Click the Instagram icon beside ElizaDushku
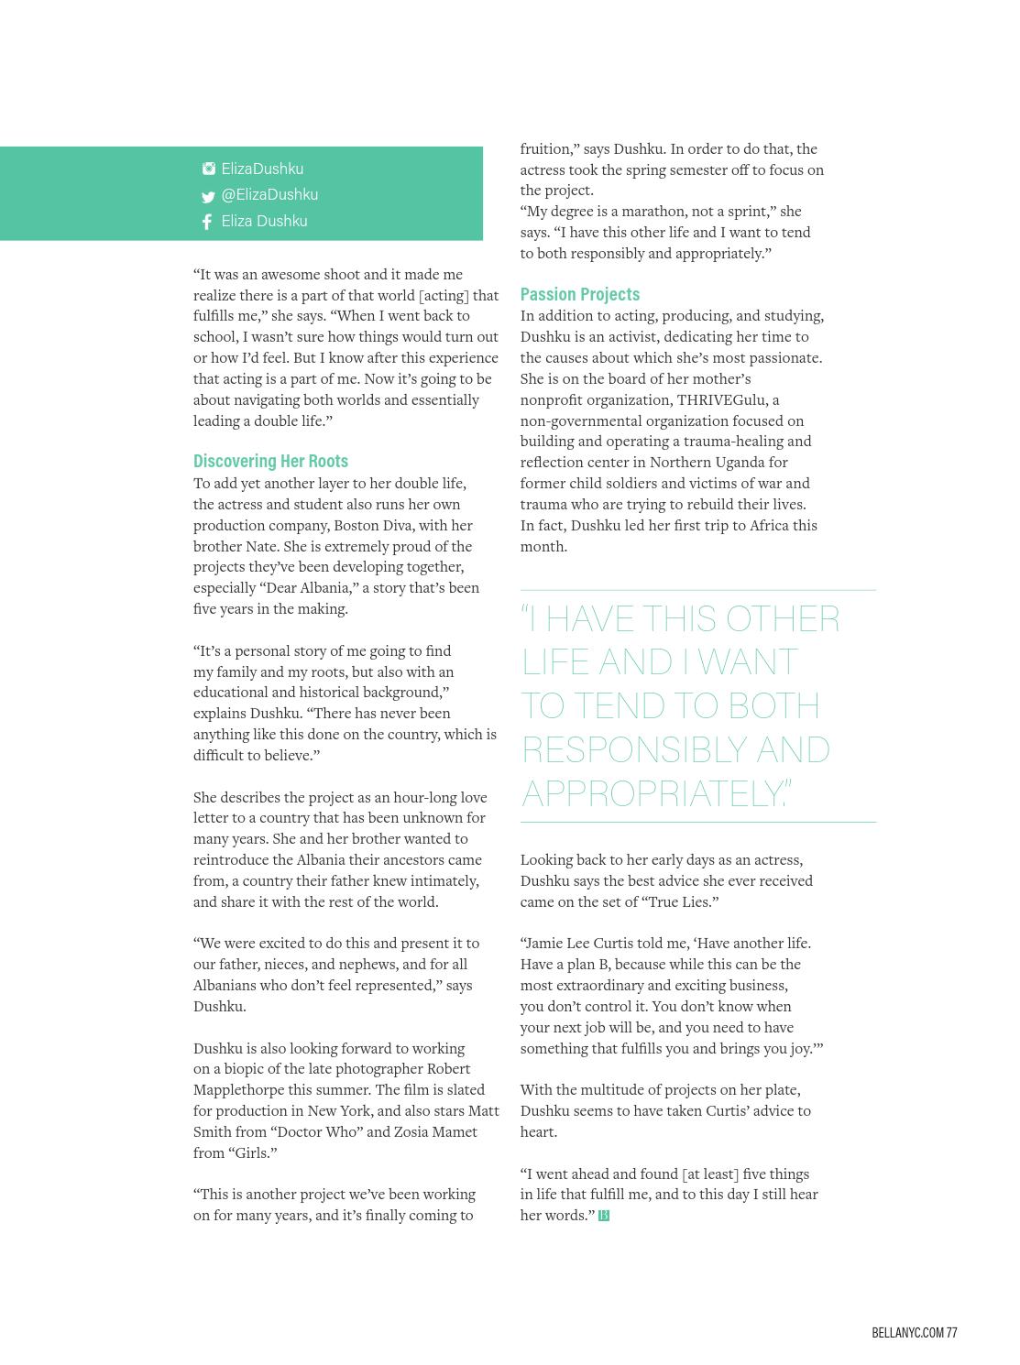(x=209, y=169)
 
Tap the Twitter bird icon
(x=208, y=196)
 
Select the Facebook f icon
(x=207, y=222)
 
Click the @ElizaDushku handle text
(x=269, y=194)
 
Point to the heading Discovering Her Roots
(x=270, y=461)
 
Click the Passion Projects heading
(x=579, y=294)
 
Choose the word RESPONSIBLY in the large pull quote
(x=633, y=749)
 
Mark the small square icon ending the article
(x=604, y=1216)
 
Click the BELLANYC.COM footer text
(x=907, y=1332)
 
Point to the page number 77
(x=952, y=1332)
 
